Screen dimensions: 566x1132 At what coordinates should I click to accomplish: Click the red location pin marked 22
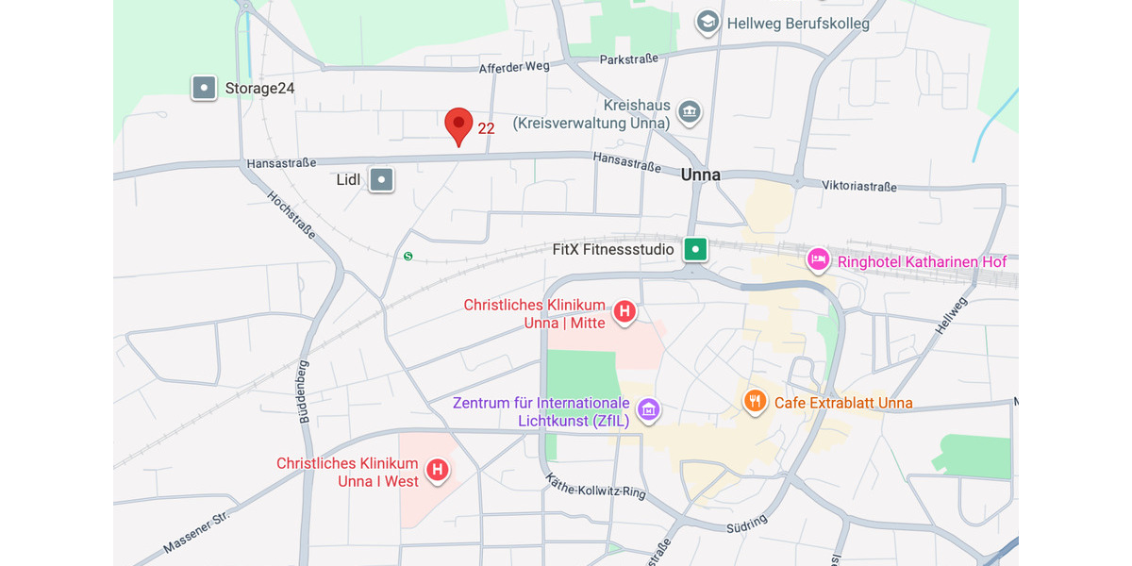point(458,125)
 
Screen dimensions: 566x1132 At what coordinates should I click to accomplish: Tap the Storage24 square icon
point(204,89)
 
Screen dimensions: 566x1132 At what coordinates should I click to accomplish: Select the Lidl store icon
point(381,179)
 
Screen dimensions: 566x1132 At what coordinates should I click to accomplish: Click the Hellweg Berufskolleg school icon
point(707,23)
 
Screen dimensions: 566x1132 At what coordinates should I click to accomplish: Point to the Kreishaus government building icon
point(690,113)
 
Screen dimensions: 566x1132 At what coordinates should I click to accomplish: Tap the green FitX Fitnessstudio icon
point(695,249)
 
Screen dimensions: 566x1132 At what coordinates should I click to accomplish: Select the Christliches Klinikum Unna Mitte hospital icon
point(624,311)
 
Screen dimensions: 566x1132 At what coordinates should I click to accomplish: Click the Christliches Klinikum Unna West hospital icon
point(437,470)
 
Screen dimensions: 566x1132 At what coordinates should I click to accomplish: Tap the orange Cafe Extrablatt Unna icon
point(754,402)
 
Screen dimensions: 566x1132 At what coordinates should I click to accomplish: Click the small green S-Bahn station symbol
point(408,256)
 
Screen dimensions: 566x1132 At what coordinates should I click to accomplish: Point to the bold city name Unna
point(700,175)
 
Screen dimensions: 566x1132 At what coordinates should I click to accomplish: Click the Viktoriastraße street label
point(858,187)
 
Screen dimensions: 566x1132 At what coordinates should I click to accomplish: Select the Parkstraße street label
point(628,59)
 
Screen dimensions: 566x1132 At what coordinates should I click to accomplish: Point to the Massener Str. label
point(196,533)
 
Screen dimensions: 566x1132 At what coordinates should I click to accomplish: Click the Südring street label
point(747,524)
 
